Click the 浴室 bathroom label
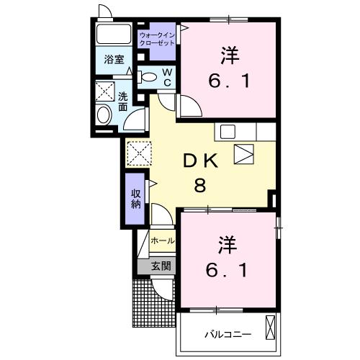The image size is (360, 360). pyautogui.click(x=114, y=60)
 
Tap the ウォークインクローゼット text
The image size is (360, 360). pyautogui.click(x=158, y=39)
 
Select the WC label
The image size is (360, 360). pyautogui.click(x=166, y=77)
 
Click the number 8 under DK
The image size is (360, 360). pyautogui.click(x=199, y=184)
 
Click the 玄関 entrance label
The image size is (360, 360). pyautogui.click(x=161, y=266)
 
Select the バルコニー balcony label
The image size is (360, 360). pyautogui.click(x=226, y=335)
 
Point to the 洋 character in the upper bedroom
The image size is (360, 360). pyautogui.click(x=229, y=54)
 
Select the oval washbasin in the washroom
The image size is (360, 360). pyautogui.click(x=103, y=114)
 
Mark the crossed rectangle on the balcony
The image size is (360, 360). pyautogui.click(x=271, y=328)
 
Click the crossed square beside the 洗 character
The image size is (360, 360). pyautogui.click(x=104, y=91)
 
